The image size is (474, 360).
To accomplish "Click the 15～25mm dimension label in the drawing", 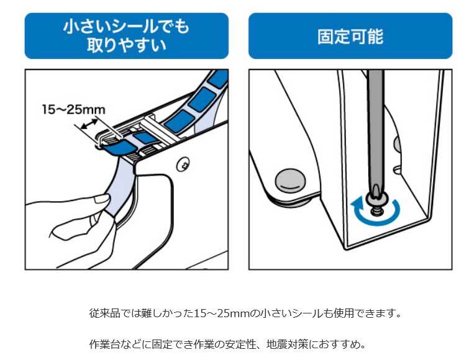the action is (x=73, y=109).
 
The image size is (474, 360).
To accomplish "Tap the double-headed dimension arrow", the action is (x=90, y=125).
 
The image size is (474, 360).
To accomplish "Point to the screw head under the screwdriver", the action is (x=375, y=201).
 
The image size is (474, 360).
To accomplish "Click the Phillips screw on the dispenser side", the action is (x=183, y=164).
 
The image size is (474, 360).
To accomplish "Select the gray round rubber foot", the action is (x=290, y=181).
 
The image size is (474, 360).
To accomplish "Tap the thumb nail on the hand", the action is (x=102, y=198).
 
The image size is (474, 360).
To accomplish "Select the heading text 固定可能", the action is (x=350, y=37).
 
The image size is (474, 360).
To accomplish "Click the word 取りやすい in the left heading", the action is (x=127, y=45).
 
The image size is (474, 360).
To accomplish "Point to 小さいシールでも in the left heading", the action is (x=126, y=26).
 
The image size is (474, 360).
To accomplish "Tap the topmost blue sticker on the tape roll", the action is (x=218, y=78).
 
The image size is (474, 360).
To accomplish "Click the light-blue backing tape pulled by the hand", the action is (x=119, y=187).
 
